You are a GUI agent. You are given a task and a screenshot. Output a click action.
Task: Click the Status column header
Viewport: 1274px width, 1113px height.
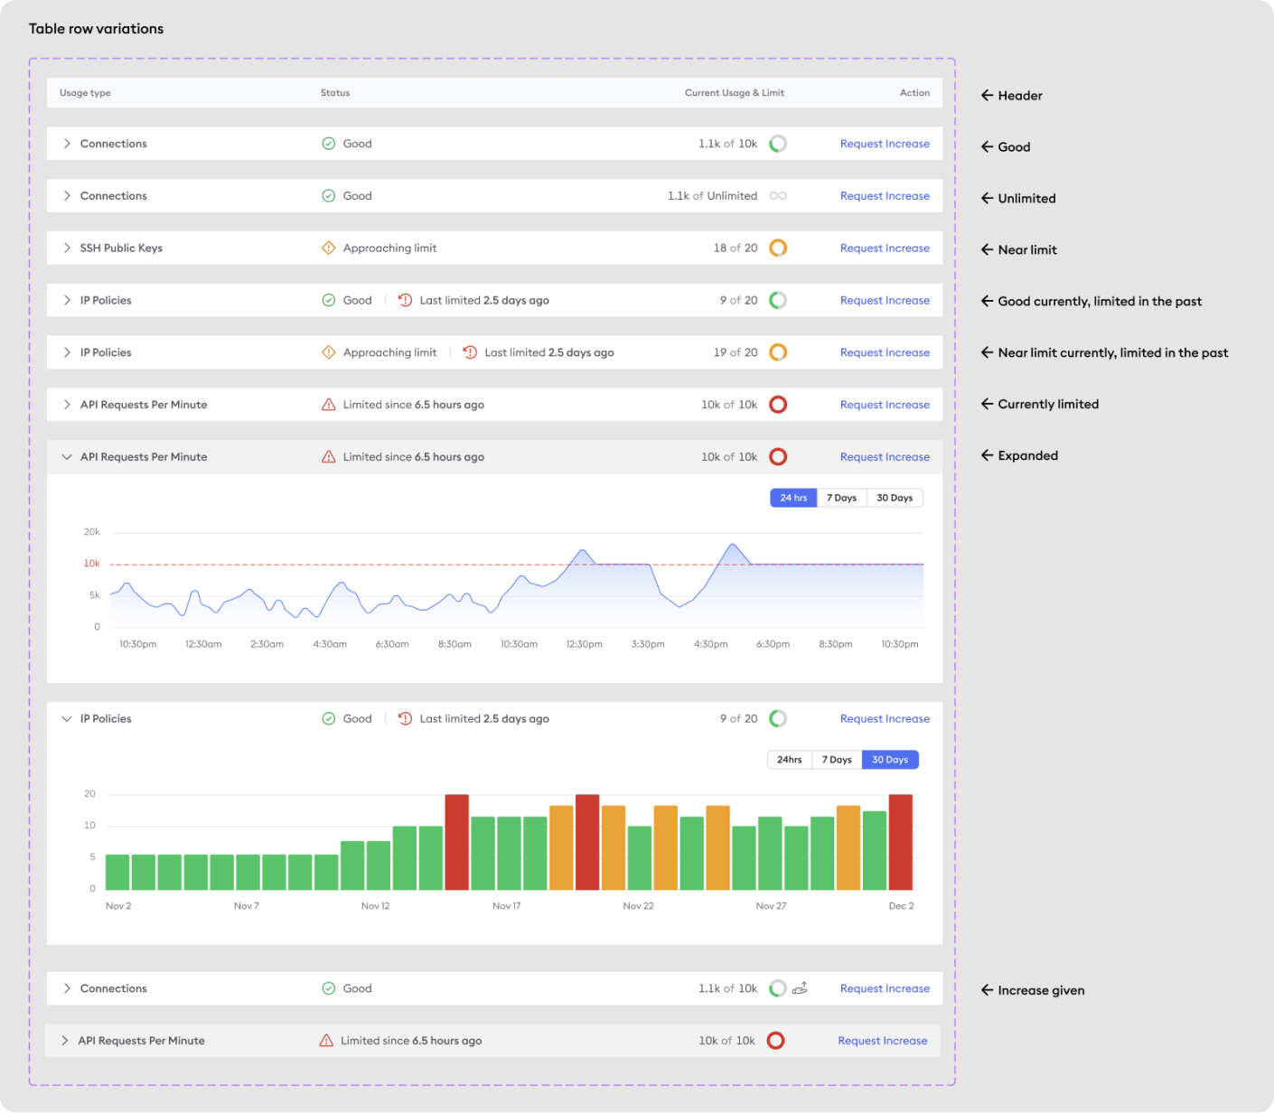coord(335,93)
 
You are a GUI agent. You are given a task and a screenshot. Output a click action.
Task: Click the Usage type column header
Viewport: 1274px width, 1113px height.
coord(85,93)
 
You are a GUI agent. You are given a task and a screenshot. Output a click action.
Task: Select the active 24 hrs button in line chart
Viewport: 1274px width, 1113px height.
coord(793,498)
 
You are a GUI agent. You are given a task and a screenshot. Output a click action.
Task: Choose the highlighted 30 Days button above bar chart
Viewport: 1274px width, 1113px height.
coord(890,760)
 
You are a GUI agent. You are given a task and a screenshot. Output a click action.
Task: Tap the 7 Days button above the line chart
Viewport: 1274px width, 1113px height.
coord(841,498)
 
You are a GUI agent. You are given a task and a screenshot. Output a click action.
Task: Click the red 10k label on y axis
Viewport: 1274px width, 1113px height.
coord(91,564)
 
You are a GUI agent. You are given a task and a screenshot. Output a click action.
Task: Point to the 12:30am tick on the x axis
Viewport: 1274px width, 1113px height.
coord(203,644)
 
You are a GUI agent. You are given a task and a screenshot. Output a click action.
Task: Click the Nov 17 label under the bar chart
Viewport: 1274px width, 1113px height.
coord(507,906)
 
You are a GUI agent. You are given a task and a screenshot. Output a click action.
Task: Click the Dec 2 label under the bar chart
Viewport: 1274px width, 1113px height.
coord(901,906)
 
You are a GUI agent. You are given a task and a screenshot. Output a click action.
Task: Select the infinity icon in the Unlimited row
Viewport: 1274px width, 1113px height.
coord(778,195)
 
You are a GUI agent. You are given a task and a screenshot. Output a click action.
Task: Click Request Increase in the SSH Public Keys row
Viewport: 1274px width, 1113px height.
coord(885,248)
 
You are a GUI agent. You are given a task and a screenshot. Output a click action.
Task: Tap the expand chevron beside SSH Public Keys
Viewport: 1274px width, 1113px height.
coord(67,248)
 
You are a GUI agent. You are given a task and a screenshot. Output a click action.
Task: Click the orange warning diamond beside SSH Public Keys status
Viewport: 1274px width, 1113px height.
coord(328,248)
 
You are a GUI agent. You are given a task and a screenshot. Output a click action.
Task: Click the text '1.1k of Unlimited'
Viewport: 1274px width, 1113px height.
coord(712,195)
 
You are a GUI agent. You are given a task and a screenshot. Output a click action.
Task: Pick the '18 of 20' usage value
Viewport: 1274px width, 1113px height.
coord(735,248)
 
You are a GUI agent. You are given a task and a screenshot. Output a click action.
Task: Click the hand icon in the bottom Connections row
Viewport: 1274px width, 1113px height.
coord(801,988)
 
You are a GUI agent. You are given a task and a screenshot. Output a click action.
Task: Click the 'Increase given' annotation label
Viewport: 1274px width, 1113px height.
coord(1041,990)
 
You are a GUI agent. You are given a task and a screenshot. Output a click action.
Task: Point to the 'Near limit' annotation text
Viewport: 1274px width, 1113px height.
coord(1027,249)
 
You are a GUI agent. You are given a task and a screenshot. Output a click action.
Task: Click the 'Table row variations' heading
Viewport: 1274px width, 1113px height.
coord(96,29)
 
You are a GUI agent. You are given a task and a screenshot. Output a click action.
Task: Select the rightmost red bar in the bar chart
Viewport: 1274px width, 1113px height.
coord(901,842)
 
